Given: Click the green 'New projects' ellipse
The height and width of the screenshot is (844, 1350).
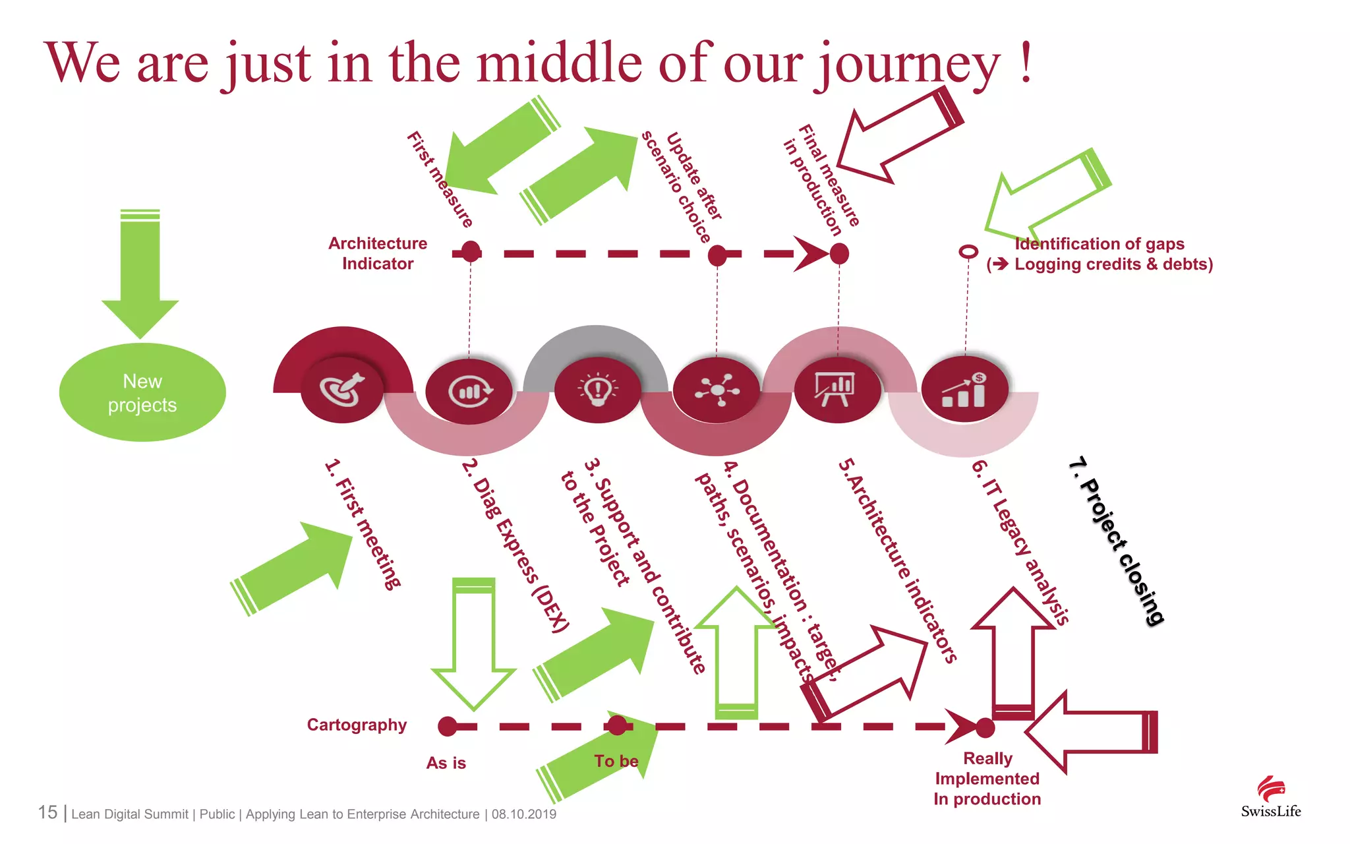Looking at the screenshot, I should point(142,392).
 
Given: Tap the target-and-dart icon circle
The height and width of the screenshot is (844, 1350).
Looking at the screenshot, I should point(342,390).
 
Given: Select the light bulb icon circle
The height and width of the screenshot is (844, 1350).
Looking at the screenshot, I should point(597,390).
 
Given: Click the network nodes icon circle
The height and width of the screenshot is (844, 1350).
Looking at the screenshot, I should point(717,390).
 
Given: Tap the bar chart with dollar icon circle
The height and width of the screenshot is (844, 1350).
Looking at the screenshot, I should point(964,390).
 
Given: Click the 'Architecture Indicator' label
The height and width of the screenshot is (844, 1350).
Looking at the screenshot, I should point(378,254).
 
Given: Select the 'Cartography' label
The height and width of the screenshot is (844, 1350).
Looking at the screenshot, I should point(357,725).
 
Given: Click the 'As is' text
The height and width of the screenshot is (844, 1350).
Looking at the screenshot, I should point(446,763).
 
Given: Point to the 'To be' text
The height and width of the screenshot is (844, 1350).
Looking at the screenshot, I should point(616,761).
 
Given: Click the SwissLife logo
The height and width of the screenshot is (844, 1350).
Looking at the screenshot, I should point(1271,798).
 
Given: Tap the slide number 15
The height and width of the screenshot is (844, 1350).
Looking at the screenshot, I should point(47,812).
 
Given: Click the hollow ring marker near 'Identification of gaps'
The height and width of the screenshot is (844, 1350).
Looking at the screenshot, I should point(968,252).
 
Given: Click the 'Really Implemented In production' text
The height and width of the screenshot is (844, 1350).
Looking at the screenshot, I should point(987,779).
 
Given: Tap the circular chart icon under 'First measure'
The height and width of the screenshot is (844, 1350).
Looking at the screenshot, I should point(469,391).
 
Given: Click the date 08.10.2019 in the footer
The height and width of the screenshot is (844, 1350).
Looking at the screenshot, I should point(524,814).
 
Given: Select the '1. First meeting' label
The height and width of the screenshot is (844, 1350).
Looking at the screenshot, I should point(363,524).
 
